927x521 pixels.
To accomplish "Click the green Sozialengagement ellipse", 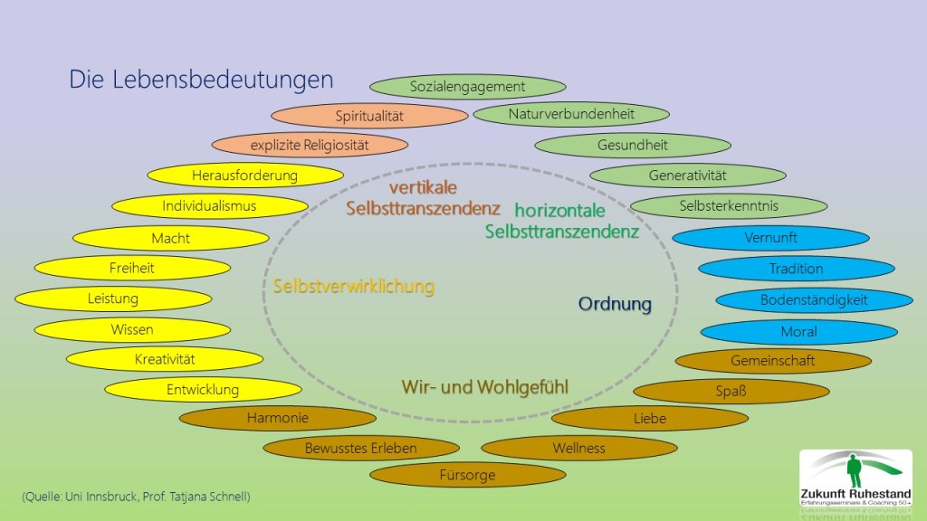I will (468, 87).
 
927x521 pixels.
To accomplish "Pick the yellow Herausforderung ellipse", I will (244, 175).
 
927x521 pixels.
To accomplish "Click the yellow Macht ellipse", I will (170, 238).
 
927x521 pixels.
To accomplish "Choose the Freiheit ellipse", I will (132, 268).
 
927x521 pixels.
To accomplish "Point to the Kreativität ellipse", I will (165, 359).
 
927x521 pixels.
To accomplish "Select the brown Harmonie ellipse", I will (278, 418).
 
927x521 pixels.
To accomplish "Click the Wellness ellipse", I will (579, 448).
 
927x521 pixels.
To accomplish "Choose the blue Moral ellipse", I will (798, 332).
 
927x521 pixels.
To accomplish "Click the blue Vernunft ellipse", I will (770, 238).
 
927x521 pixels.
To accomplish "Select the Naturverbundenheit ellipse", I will (571, 114).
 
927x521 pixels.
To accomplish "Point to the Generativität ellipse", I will (688, 175).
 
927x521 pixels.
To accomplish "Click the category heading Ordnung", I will (616, 304).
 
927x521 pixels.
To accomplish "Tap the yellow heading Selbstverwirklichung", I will (354, 287).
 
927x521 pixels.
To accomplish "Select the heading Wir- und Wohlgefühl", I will (485, 387).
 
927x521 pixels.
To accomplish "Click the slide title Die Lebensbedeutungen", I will (201, 80).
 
